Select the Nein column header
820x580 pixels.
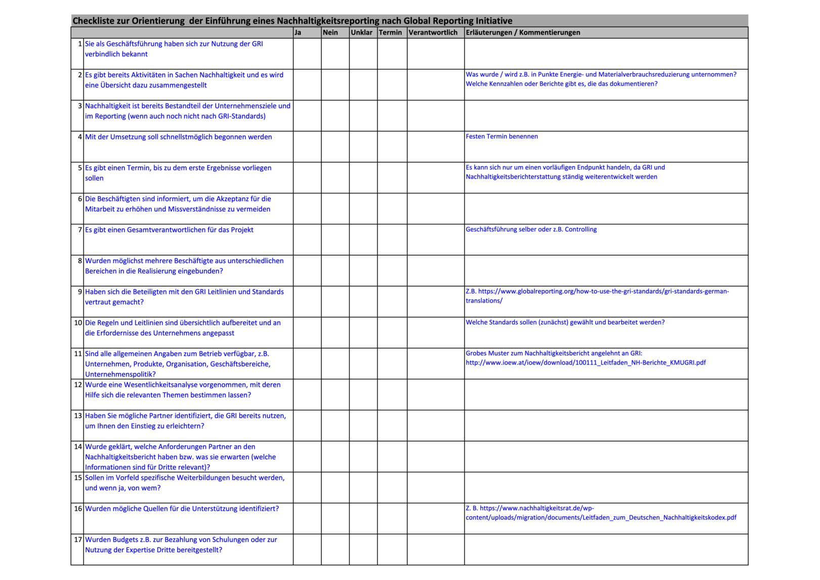tap(330, 33)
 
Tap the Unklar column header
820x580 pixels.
tap(361, 33)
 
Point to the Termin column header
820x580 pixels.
tap(390, 33)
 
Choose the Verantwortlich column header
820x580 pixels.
tap(433, 33)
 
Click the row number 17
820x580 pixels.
tap(78, 540)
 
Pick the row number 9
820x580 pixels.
tap(80, 292)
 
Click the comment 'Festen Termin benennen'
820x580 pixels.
tap(502, 137)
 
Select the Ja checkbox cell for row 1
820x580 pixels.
tap(307, 54)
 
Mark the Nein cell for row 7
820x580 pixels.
tap(335, 239)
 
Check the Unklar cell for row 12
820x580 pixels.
tap(363, 394)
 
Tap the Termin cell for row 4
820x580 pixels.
tap(392, 147)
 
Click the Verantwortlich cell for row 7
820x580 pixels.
tap(435, 239)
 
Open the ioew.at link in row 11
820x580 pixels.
tap(585, 363)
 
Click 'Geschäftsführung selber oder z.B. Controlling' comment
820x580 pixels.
tap(531, 230)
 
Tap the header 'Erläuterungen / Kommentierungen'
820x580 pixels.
tap(523, 33)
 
